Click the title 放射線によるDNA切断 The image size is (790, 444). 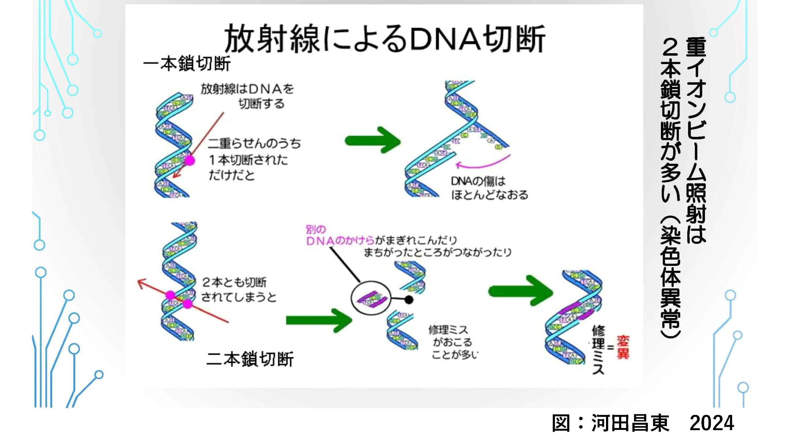click(x=385, y=39)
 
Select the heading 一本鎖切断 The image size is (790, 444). click(x=187, y=64)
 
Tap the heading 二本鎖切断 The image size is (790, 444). click(x=250, y=359)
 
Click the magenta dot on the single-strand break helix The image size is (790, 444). click(x=189, y=160)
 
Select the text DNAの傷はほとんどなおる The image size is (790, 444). click(x=489, y=188)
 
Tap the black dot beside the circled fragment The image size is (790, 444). click(x=409, y=299)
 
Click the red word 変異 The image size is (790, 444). click(x=623, y=347)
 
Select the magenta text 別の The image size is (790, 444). click(x=315, y=229)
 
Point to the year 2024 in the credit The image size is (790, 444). click(x=712, y=423)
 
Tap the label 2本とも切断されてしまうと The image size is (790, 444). click(x=239, y=290)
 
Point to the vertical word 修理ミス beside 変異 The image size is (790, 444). click(x=598, y=350)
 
